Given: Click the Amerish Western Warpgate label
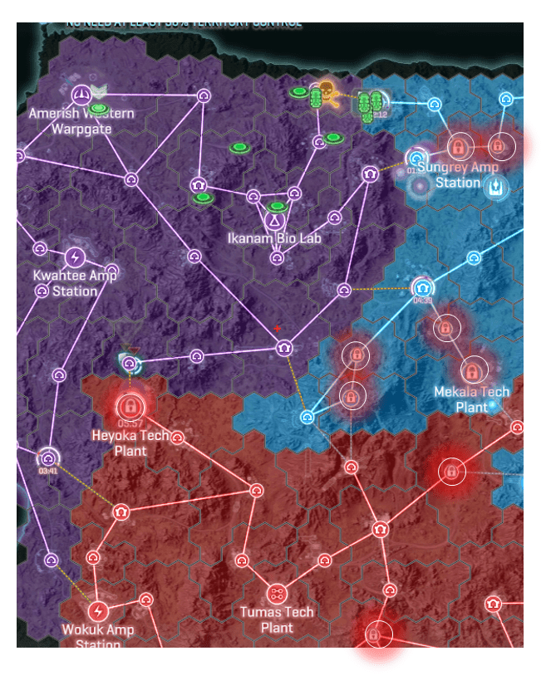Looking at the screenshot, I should coord(81,121).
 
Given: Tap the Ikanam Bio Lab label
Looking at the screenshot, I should coord(274,238).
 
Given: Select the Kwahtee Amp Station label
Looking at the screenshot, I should coord(75,282).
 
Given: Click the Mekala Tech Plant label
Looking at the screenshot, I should coord(472,399).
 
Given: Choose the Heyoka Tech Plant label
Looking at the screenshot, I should coord(130,443).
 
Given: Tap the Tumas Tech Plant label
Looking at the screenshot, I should coord(277,620).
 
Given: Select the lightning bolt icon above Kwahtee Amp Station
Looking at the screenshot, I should coord(75,257).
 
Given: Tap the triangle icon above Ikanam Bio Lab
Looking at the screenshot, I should coord(274,222).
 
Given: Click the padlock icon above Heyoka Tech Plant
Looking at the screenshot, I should coord(129,407).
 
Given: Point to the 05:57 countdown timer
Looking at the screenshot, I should coord(129,423).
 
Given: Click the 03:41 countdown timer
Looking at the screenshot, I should coord(48,471).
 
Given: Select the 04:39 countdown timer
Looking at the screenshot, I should coord(422,301).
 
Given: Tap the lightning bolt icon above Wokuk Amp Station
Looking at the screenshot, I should coord(98,612).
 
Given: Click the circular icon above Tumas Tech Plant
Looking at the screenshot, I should coord(277,594).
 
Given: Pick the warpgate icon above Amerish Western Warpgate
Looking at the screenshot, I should coord(81,94).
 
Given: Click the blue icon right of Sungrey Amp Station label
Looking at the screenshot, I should coord(496,186).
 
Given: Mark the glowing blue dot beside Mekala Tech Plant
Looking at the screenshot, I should coord(494,405).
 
